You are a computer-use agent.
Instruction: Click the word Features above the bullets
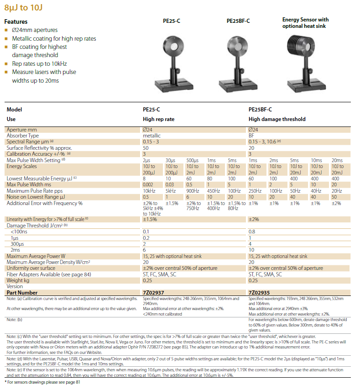point(16,21)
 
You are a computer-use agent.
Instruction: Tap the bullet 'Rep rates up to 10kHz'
point(39,64)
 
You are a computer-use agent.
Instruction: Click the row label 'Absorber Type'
point(23,136)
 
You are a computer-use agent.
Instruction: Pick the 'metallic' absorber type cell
point(152,136)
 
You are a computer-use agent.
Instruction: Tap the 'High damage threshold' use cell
point(277,119)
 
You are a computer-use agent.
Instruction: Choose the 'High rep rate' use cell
point(159,119)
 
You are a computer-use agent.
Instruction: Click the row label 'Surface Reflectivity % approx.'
point(39,148)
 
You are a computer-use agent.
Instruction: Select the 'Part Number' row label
point(22,293)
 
